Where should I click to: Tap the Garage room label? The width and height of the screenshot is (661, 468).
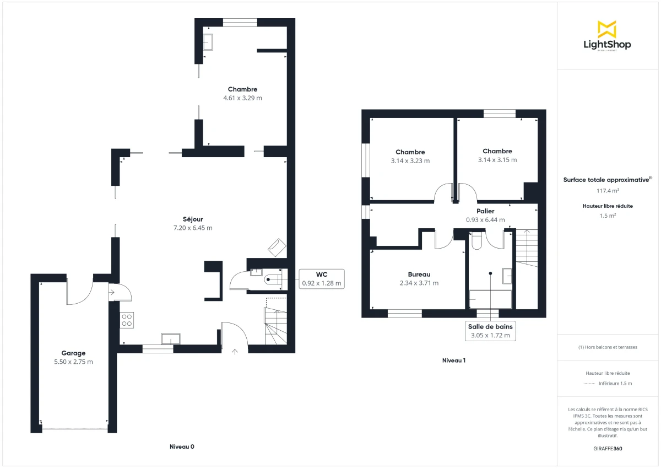click(73, 353)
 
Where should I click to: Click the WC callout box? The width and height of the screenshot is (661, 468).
click(322, 279)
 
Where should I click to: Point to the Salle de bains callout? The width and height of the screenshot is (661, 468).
click(490, 331)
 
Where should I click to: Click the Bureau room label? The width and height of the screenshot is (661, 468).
click(419, 275)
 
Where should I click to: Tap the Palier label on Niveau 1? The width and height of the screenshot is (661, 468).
click(485, 211)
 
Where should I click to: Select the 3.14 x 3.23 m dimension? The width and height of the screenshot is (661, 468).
click(410, 161)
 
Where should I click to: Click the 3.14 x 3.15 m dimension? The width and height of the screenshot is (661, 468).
click(497, 160)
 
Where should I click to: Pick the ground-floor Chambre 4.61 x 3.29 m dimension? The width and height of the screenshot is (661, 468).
click(242, 98)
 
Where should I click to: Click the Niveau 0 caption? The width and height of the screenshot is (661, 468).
click(182, 447)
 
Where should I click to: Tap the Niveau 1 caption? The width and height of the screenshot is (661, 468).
click(454, 361)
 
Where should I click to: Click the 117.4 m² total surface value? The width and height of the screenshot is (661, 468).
click(608, 191)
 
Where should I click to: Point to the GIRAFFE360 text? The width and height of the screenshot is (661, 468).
click(608, 449)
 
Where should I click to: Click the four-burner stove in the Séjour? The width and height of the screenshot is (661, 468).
click(127, 320)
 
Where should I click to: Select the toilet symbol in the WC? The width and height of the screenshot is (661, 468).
click(272, 279)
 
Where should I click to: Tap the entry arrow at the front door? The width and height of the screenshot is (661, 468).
click(235, 351)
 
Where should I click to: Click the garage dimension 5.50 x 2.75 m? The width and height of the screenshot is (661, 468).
click(73, 362)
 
